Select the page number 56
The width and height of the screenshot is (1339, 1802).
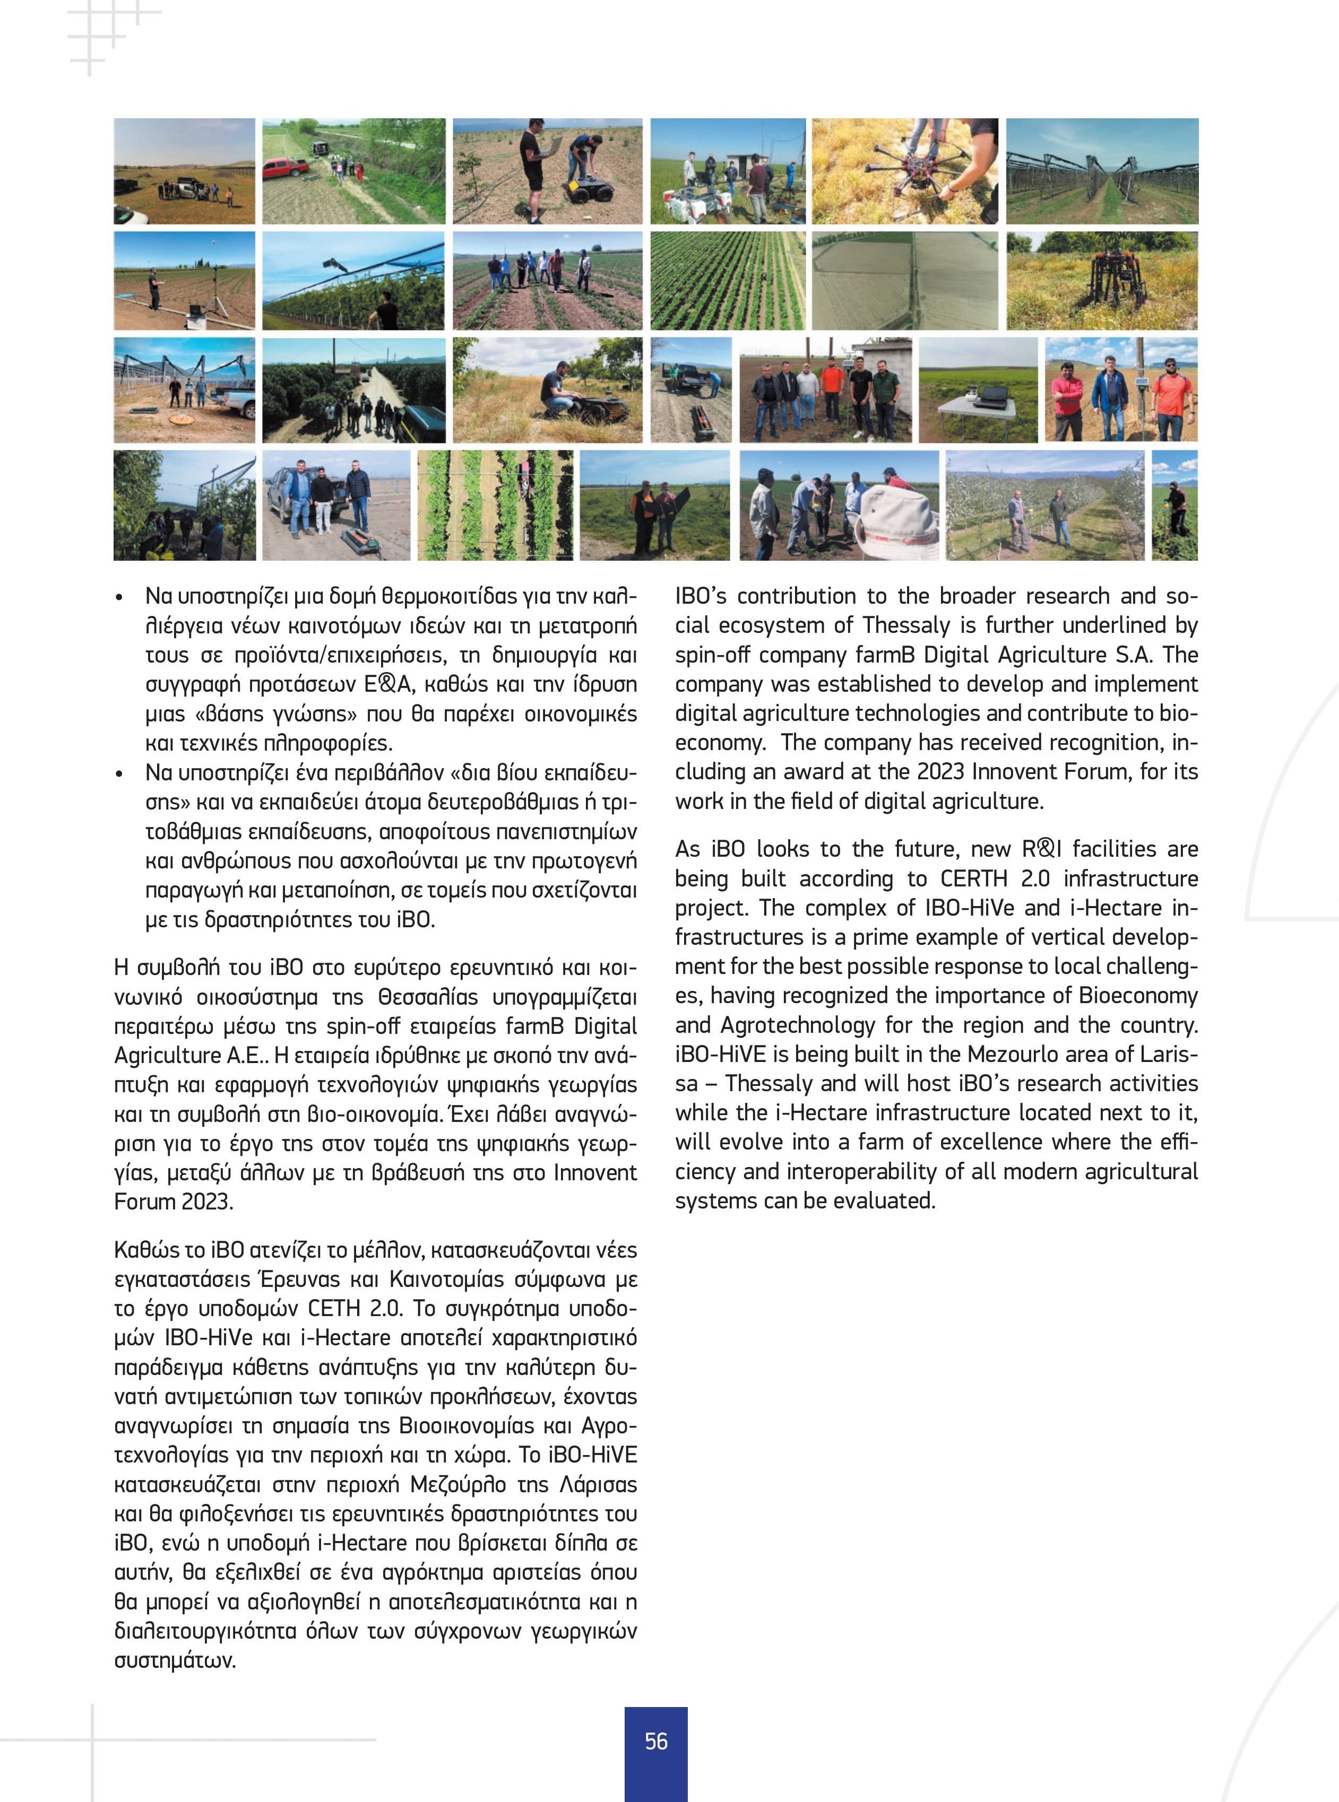[x=656, y=1740]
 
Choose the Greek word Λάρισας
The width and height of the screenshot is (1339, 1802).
[x=598, y=1484]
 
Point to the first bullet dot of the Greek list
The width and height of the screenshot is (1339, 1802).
[x=120, y=598]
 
